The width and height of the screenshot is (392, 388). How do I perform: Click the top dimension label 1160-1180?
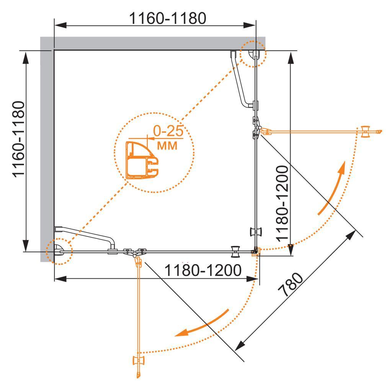coord(168,18)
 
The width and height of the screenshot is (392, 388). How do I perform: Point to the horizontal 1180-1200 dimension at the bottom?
coord(203,270)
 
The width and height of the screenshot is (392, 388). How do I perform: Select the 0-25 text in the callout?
coord(167,132)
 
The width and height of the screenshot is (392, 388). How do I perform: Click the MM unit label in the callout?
coord(168,146)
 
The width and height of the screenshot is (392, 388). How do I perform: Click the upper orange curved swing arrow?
coord(333,188)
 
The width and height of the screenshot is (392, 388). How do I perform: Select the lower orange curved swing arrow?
coord(203,324)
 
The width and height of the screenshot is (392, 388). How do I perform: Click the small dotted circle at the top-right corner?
coord(253,54)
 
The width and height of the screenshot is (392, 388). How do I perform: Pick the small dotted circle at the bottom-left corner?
coord(59,252)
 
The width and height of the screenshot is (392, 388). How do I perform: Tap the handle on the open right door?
coord(366,131)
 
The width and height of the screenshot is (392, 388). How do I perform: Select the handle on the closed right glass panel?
coord(256,232)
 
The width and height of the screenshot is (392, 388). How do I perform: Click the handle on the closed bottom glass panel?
coord(235,252)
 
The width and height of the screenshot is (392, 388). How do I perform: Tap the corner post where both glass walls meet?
coord(255,252)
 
